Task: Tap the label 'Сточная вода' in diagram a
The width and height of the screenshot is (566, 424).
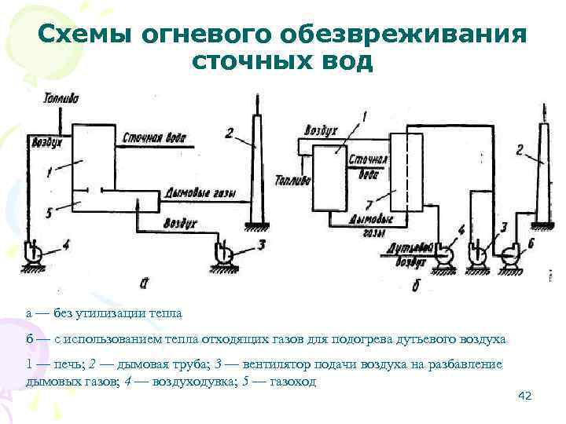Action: (156, 139)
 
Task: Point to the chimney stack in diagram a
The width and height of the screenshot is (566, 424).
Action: (257, 165)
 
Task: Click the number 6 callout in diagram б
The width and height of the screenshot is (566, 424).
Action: (531, 244)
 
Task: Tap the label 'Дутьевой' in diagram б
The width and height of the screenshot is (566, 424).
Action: (410, 246)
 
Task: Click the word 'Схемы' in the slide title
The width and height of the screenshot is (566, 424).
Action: (86, 35)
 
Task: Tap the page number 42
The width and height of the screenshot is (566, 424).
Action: (526, 397)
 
